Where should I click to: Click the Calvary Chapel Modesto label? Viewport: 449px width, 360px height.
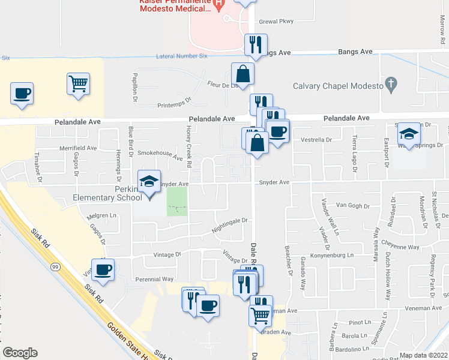coord(338,85)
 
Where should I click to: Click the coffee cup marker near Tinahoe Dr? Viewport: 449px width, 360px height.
coord(22,93)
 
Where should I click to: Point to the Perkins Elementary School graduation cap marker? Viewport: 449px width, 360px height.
coord(148,181)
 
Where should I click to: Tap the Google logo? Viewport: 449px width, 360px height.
coord(20,353)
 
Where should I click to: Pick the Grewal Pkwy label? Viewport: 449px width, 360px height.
coord(276,22)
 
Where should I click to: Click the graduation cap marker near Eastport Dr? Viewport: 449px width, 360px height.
coord(409,133)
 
